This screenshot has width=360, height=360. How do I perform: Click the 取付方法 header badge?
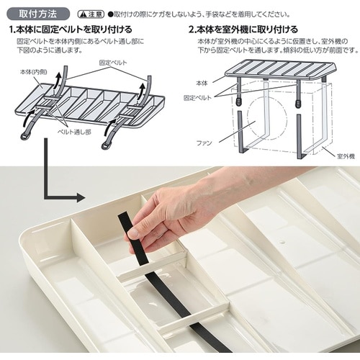(38, 14)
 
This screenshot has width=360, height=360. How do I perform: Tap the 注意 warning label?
(91, 14)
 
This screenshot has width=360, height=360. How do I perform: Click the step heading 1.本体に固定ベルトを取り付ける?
(71, 30)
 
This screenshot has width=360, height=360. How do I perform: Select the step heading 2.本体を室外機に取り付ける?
(243, 30)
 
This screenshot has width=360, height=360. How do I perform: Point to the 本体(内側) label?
(33, 72)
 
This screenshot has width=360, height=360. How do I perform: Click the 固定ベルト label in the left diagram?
(113, 63)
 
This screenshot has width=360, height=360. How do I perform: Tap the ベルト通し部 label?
(75, 132)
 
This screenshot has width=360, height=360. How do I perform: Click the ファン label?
(204, 143)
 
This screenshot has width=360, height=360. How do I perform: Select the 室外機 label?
(346, 156)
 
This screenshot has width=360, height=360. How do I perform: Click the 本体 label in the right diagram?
(202, 83)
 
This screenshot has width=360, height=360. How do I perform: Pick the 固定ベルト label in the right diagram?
(198, 98)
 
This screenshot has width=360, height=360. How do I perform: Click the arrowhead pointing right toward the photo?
(81, 198)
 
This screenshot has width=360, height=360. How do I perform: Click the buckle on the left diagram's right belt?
(107, 145)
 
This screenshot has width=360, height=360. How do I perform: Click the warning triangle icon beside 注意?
(83, 14)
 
